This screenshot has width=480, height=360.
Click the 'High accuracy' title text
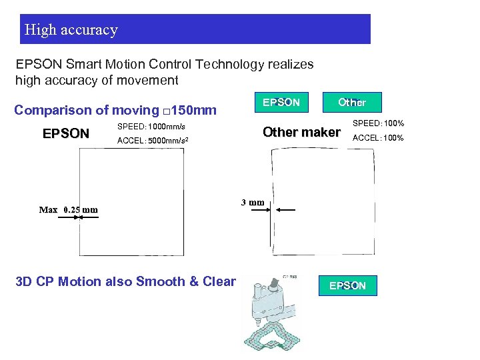click(71, 30)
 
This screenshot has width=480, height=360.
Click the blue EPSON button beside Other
click(281, 102)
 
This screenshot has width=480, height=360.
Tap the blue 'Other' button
click(351, 102)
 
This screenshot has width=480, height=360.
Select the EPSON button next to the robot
click(347, 285)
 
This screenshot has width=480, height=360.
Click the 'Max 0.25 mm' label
click(68, 209)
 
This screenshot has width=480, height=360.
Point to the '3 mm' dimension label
click(253, 202)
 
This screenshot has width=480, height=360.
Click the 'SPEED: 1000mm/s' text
click(151, 126)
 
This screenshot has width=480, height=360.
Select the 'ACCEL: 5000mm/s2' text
click(152, 141)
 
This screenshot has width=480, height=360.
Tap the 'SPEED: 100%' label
click(377, 123)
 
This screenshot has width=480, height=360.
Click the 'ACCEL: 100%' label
click(377, 138)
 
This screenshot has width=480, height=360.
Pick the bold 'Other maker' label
click(301, 132)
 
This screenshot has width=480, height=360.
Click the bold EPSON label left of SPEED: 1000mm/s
click(65, 133)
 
